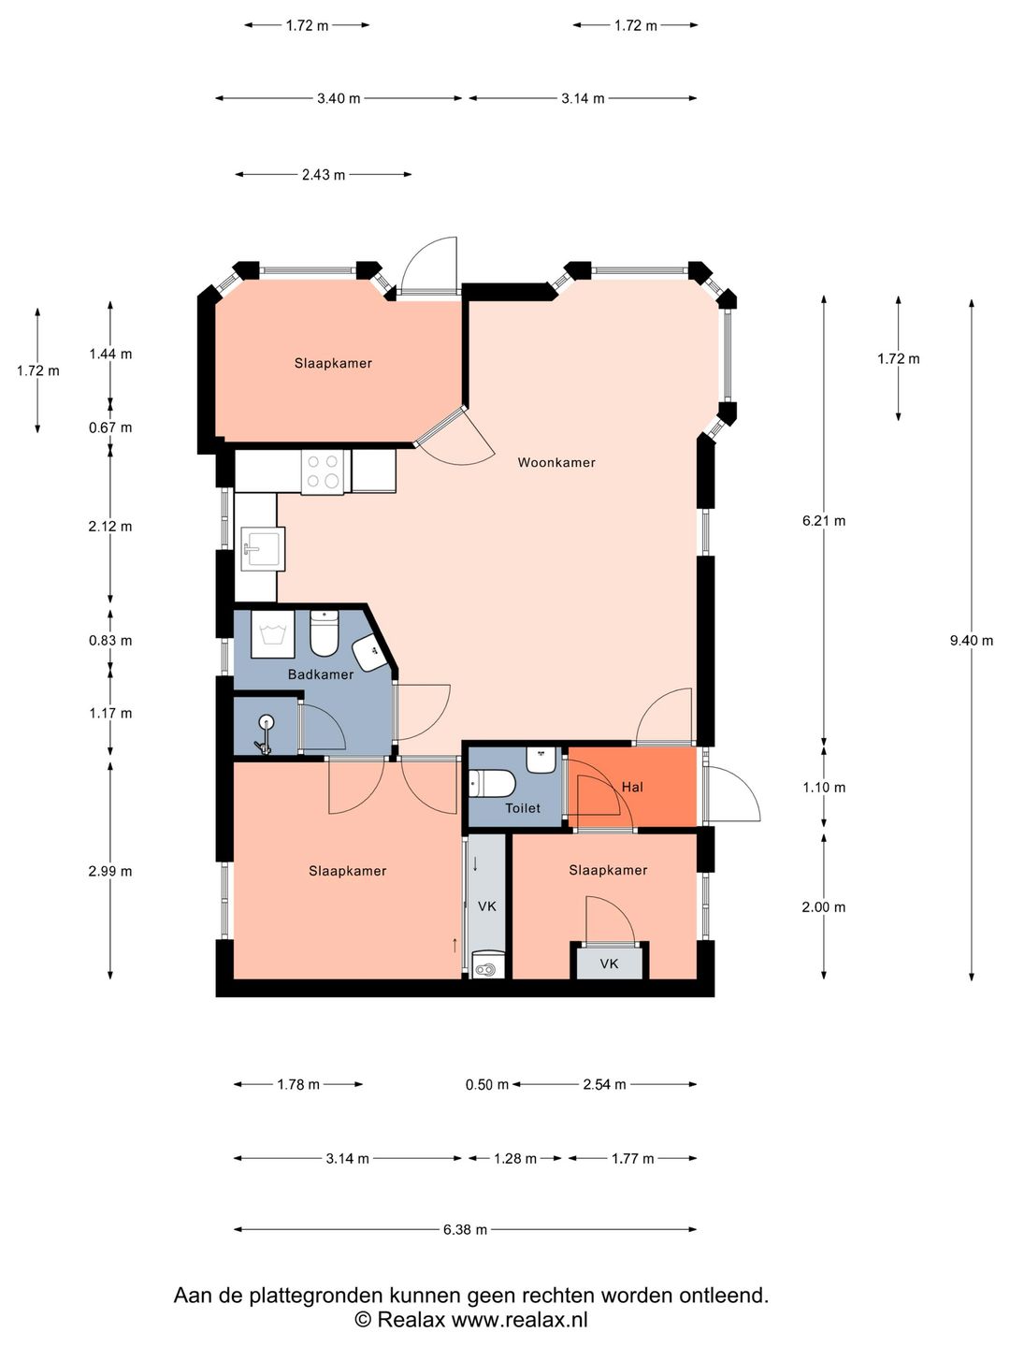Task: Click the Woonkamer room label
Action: pyautogui.click(x=556, y=463)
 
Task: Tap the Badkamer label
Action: pyautogui.click(x=321, y=674)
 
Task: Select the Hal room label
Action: pyautogui.click(x=632, y=787)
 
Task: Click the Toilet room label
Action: pyautogui.click(x=523, y=808)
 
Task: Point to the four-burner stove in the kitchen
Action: pyautogui.click(x=323, y=471)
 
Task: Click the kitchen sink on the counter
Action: pyautogui.click(x=263, y=549)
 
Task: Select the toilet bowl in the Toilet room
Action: pyautogui.click(x=493, y=784)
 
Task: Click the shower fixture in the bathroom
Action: pyautogui.click(x=265, y=734)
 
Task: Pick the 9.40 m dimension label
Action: pyautogui.click(x=972, y=641)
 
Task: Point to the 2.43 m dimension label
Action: pyautogui.click(x=324, y=175)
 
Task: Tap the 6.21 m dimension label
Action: pyautogui.click(x=824, y=521)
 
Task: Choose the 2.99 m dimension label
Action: pyautogui.click(x=110, y=872)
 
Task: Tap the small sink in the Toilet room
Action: pyautogui.click(x=541, y=760)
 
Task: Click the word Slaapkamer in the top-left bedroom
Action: pyautogui.click(x=333, y=363)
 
